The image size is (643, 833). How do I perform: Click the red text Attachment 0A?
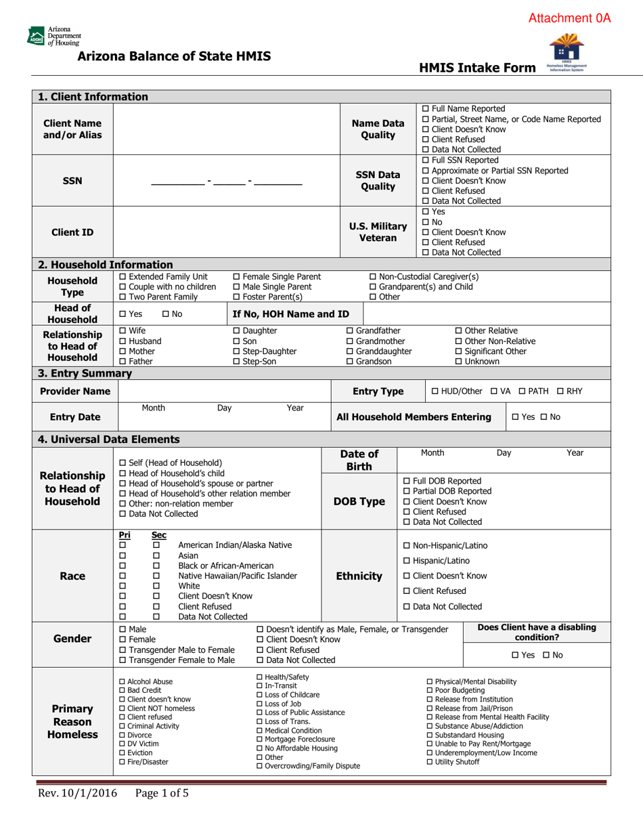569,19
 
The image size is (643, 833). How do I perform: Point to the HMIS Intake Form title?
477,68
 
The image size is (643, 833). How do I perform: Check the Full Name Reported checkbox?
425,109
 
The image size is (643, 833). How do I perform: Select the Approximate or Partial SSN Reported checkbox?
425,171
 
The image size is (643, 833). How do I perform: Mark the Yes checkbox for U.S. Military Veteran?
425,212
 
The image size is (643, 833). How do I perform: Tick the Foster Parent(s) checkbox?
236,297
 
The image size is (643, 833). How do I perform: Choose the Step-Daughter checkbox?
236,351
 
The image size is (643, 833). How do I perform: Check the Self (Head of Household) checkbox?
123,463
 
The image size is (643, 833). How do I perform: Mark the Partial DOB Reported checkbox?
406,491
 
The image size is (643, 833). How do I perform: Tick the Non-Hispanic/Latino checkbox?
406,546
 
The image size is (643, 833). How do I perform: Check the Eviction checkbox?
122,752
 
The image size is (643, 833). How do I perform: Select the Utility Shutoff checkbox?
430,763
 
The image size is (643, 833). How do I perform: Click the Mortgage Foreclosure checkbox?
261,740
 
